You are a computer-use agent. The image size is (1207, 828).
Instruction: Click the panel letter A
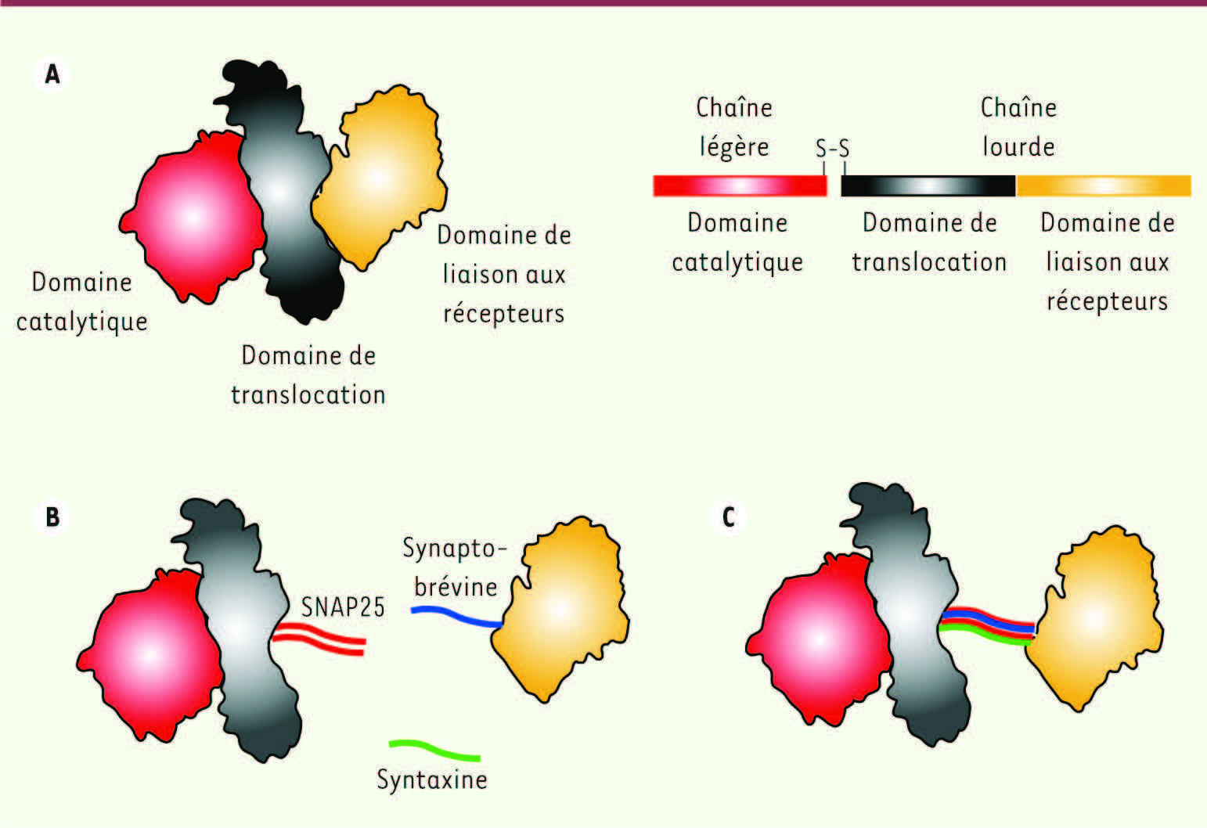(52, 74)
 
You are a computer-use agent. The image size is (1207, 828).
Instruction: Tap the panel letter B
(52, 517)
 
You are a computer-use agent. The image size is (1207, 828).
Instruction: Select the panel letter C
(729, 517)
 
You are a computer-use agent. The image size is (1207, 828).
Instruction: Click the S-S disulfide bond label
(833, 148)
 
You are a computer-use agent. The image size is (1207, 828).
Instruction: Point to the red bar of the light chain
(740, 185)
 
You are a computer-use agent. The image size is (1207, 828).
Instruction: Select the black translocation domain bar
(928, 185)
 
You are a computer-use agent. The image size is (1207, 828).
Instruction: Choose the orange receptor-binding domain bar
(1104, 185)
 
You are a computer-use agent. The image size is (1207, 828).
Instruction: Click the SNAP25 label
(343, 607)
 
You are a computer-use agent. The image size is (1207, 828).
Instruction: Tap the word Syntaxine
(431, 779)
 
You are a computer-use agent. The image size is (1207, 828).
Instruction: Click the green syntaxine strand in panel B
(434, 749)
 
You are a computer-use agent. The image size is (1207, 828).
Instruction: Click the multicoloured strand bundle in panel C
(987, 626)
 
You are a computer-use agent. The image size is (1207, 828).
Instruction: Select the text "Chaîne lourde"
(1018, 127)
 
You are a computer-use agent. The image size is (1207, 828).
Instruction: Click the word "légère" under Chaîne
(734, 147)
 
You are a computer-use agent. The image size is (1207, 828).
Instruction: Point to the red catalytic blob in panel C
(819, 640)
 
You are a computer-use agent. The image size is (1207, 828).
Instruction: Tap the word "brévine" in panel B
(456, 586)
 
